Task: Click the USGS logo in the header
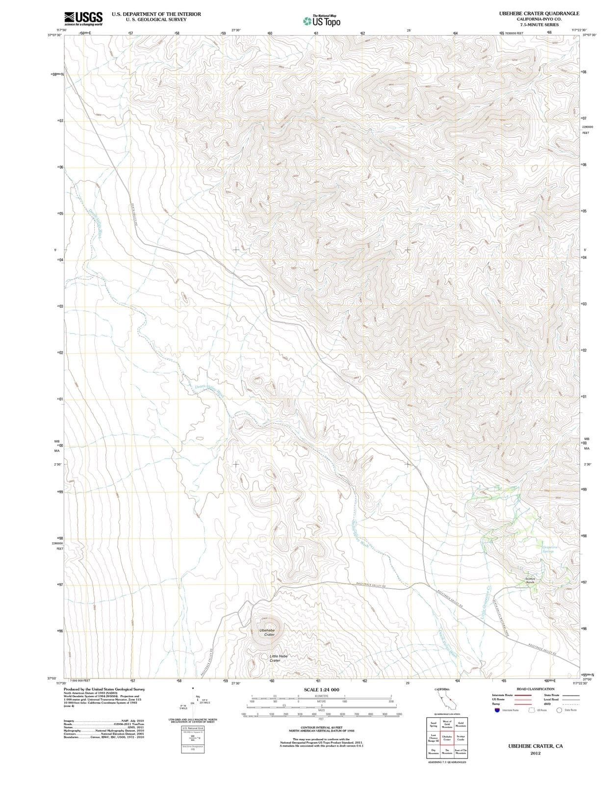[x=83, y=19]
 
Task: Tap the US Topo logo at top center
[x=322, y=21]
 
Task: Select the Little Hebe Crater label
[x=278, y=658]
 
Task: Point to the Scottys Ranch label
[x=534, y=580]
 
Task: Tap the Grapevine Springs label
[x=548, y=549]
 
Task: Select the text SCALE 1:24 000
[x=321, y=690]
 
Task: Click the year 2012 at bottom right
[x=535, y=754]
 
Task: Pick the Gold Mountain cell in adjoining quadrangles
[x=461, y=724]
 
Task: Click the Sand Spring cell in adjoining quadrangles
[x=433, y=724]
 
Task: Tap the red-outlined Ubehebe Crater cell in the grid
[x=447, y=738]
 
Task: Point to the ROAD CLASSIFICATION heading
[x=536, y=689]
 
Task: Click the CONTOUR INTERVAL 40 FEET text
[x=321, y=727]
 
